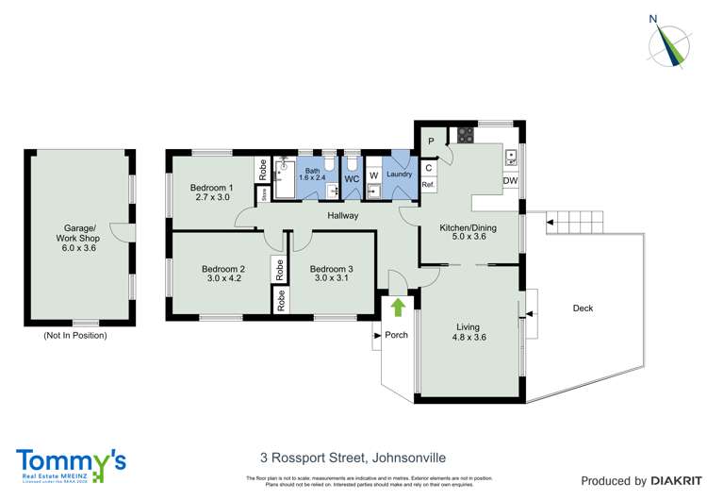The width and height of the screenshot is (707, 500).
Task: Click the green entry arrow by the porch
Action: [397, 306]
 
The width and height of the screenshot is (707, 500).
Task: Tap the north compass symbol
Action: [673, 42]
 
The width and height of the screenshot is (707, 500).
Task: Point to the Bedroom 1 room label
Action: [210, 186]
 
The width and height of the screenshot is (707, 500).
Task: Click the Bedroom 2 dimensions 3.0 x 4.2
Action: [223, 280]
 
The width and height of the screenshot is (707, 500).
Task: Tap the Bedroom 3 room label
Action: [331, 269]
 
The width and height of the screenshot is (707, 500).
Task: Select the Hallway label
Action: [342, 216]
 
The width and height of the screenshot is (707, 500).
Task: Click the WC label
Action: [352, 177]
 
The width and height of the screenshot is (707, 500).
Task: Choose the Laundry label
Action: [400, 174]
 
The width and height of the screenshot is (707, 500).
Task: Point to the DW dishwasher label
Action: [509, 181]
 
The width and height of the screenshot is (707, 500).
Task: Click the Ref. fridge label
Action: [427, 185]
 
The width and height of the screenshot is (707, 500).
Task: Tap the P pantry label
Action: [431, 142]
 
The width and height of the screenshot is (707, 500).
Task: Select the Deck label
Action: [583, 308]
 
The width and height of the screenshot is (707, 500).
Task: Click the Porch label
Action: [396, 335]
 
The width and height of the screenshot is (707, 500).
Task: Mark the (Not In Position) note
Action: [75, 336]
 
